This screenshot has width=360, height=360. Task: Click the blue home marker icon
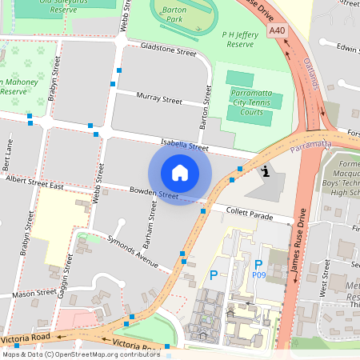(x=180, y=173)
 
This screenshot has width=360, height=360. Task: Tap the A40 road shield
(x=278, y=30)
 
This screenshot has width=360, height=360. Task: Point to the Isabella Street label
(x=185, y=145)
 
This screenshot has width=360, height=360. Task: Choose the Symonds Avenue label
(x=134, y=250)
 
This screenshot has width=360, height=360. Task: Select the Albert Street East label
(x=34, y=184)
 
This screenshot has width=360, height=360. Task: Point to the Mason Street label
(x=34, y=294)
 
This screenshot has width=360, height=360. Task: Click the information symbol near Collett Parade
(x=265, y=170)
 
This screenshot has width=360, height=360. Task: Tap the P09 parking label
(x=258, y=274)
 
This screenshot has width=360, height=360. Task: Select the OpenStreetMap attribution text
(x=81, y=354)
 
